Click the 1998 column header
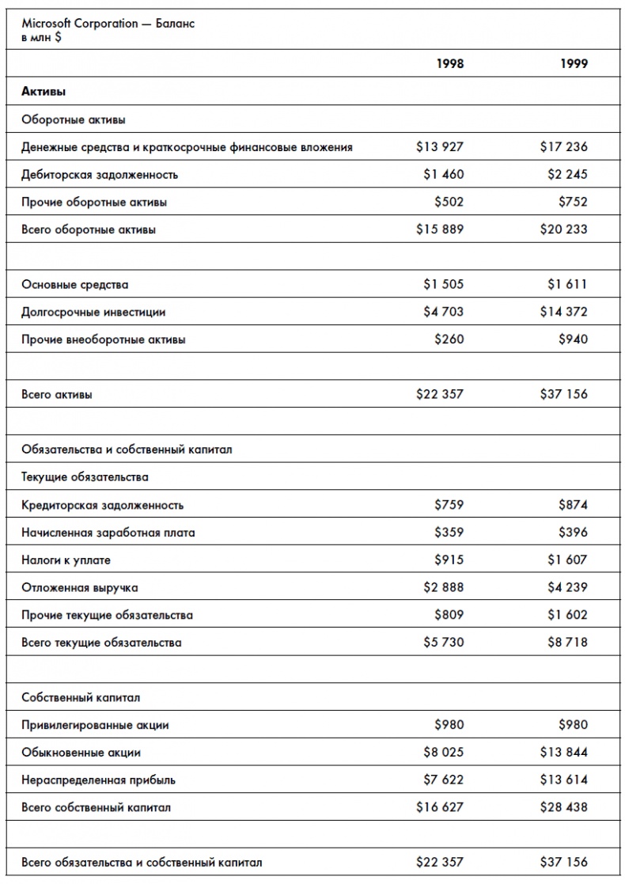[450, 64]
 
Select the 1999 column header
[574, 64]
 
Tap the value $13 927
[440, 146]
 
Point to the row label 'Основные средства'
[74, 284]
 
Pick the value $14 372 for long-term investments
[564, 312]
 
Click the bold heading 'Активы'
[44, 92]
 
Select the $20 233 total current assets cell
[564, 230]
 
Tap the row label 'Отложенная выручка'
[72, 588]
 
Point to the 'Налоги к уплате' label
[66, 560]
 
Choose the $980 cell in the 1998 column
[449, 725]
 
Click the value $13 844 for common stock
[564, 752]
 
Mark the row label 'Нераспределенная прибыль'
[98, 780]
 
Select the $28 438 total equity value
[564, 807]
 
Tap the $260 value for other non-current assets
[449, 340]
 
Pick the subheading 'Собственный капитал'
[81, 698]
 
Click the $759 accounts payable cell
[449, 505]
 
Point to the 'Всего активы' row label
[56, 394]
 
